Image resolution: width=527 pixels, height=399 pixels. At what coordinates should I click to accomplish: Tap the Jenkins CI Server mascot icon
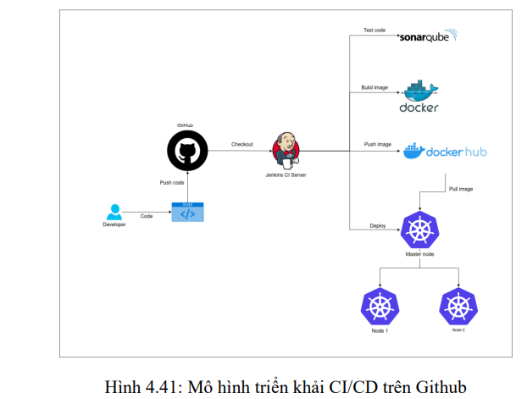click(286, 149)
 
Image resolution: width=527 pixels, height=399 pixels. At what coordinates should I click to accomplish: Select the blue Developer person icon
click(114, 212)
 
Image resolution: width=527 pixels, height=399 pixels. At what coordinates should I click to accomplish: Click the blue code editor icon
click(187, 212)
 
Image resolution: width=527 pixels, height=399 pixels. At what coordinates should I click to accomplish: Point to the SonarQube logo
click(428, 37)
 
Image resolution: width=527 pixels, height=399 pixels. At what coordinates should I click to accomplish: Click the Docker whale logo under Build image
click(419, 97)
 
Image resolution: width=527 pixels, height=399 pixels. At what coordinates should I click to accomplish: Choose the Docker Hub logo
click(445, 152)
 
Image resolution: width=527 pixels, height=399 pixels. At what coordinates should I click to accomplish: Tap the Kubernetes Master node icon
click(420, 228)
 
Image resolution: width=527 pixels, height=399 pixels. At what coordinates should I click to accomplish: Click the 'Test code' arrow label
click(374, 30)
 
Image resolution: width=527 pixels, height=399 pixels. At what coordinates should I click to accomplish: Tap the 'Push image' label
click(376, 144)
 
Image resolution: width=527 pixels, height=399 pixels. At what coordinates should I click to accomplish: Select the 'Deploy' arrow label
click(378, 225)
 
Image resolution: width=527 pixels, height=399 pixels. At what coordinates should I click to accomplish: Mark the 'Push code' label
click(172, 182)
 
